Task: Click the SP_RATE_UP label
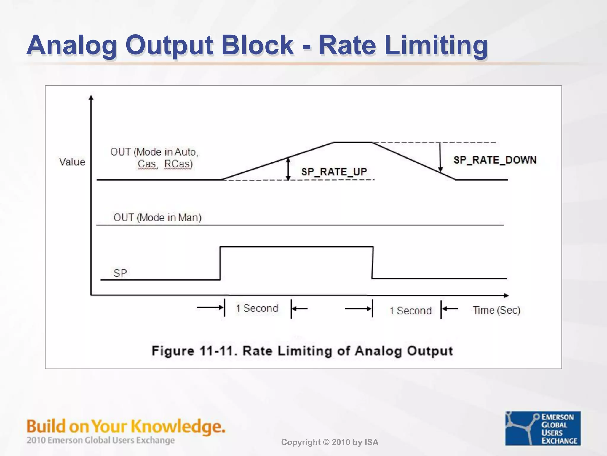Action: pyautogui.click(x=334, y=172)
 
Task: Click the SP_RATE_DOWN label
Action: pyautogui.click(x=495, y=160)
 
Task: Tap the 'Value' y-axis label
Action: pyautogui.click(x=72, y=162)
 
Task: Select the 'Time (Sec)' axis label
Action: pyautogui.click(x=496, y=310)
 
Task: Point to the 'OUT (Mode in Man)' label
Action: pyautogui.click(x=157, y=218)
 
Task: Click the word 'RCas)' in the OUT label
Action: pyautogui.click(x=178, y=164)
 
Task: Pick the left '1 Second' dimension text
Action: pyautogui.click(x=257, y=308)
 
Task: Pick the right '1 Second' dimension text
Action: pyautogui.click(x=410, y=311)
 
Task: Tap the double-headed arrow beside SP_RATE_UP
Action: pyautogui.click(x=288, y=169)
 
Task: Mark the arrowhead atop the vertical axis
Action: pyautogui.click(x=91, y=97)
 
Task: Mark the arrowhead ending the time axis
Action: pyautogui.click(x=506, y=295)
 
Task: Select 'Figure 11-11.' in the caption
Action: pyautogui.click(x=194, y=351)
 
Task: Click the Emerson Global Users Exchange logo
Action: pyautogui.click(x=543, y=428)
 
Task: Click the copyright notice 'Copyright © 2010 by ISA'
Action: pyautogui.click(x=330, y=442)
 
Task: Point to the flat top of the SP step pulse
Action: pyautogui.click(x=296, y=246)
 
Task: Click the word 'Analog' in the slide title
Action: pyautogui.click(x=72, y=45)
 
